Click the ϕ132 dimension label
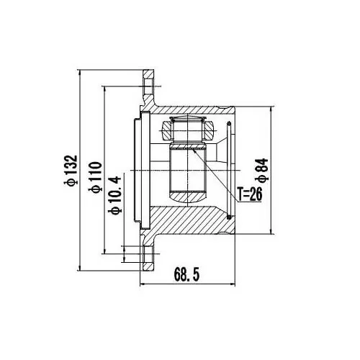click(71, 171)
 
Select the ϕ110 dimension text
click(95, 177)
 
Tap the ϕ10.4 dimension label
click(115, 195)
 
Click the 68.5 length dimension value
click(186, 274)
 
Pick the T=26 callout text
click(250, 194)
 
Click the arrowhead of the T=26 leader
click(194, 150)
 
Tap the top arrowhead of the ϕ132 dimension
click(79, 73)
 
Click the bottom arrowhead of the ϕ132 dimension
click(79, 268)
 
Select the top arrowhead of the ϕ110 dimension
click(104, 89)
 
